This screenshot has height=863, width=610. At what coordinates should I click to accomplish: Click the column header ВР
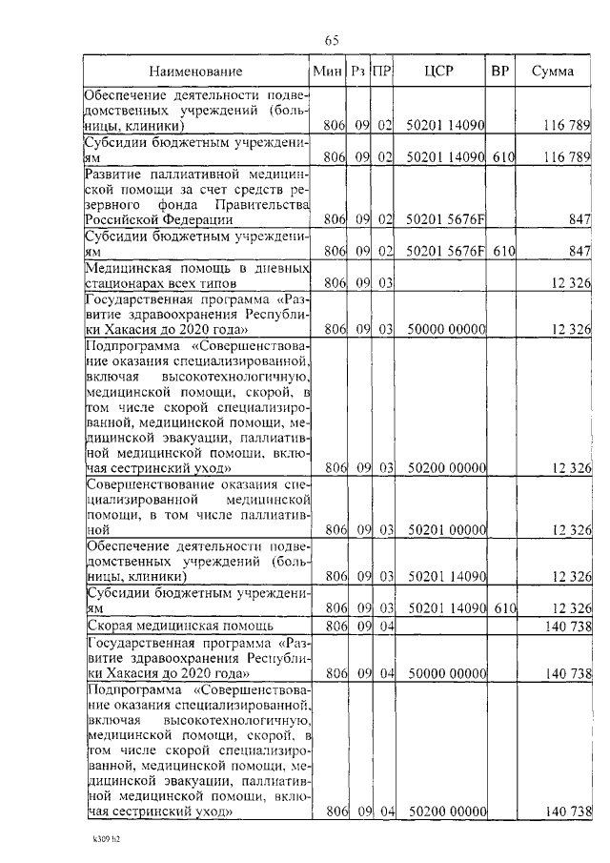pos(499,72)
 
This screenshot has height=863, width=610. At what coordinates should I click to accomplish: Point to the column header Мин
pos(328,72)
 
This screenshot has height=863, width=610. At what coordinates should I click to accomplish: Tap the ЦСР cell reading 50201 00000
pos(446,528)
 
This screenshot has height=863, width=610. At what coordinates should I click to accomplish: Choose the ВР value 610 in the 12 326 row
pos(504,608)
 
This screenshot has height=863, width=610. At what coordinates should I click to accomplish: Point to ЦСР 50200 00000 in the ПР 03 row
pos(446,468)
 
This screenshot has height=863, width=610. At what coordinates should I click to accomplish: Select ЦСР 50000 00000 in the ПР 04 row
pos(446,674)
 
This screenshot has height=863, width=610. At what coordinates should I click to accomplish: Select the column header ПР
pos(381,72)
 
